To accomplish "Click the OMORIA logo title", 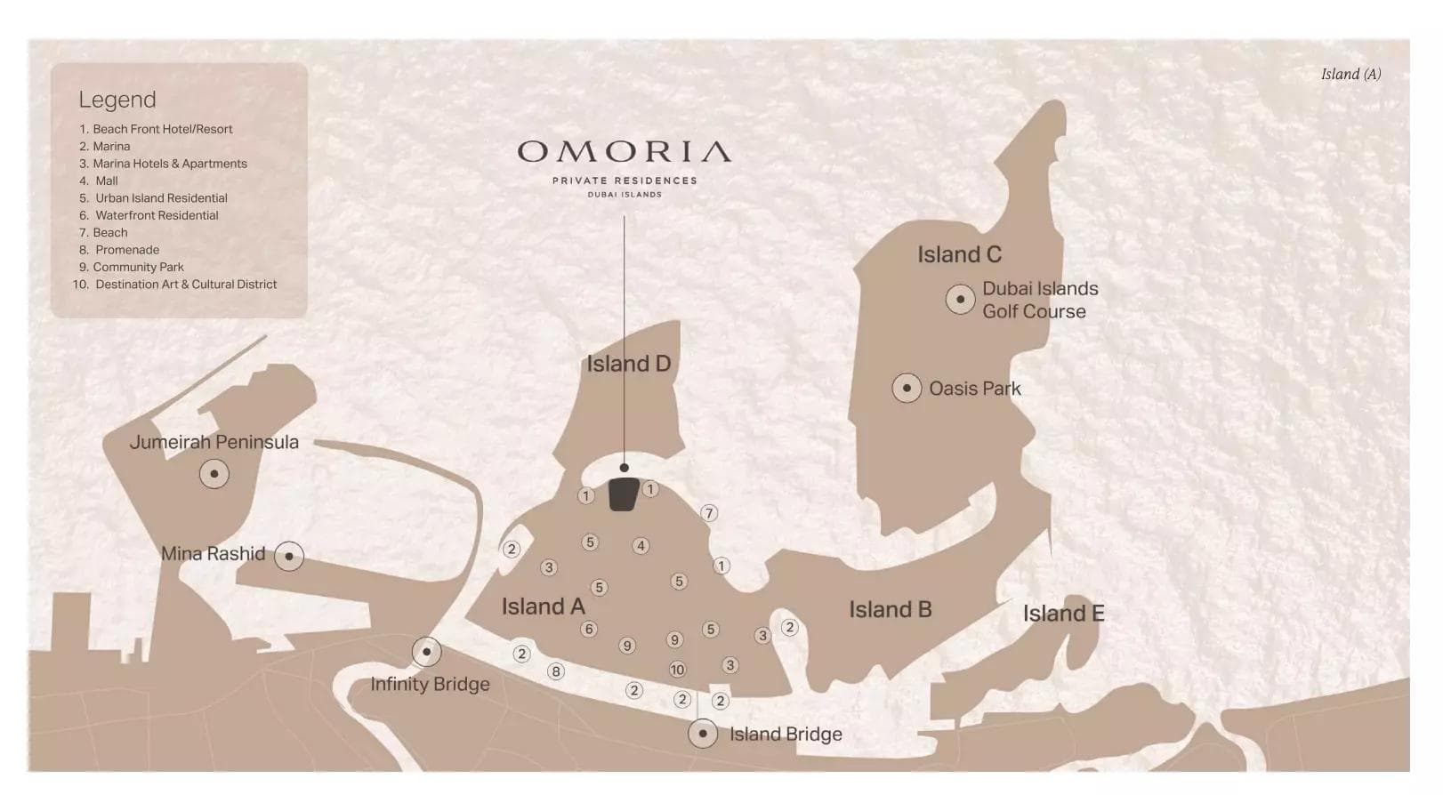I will coord(625,152).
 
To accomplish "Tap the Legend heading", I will coord(117,100).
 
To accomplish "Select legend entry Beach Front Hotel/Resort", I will coord(162,129).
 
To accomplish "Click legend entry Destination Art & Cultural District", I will coord(185,285).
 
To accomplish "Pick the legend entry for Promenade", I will coord(126,250).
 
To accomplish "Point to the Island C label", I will coord(959,254).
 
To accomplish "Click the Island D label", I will coord(628,364).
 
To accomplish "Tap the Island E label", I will coord(1063,614).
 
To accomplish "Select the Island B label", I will coord(890,609).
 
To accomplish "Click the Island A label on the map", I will coord(543,606).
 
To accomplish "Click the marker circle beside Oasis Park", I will coord(907,388).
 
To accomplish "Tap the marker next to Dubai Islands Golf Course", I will coord(960,299).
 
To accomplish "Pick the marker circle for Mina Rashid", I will coord(289,556).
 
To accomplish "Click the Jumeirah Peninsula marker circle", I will coord(214,474).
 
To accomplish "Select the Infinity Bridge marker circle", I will coord(427,652).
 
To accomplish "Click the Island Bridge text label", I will coord(786,735).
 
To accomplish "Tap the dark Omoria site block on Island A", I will coord(624,494).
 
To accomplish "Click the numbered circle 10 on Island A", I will coord(677,670).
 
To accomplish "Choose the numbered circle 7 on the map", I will coord(709,513).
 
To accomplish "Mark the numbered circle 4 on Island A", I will coord(641,546).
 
